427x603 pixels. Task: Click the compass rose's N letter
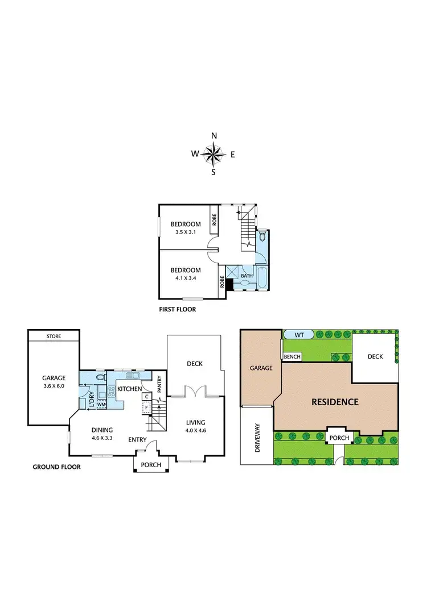click(x=213, y=136)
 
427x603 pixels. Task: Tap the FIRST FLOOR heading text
click(x=178, y=310)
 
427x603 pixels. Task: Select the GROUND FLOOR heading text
click(x=56, y=467)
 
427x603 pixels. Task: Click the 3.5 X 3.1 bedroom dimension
click(x=186, y=232)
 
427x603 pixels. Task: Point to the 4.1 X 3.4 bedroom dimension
click(x=186, y=278)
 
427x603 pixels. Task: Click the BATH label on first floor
click(x=246, y=276)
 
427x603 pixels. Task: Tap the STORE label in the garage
click(x=54, y=336)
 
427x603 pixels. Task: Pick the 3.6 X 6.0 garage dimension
click(x=54, y=386)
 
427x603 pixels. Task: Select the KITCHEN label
click(x=129, y=389)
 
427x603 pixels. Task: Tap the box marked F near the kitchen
click(x=146, y=407)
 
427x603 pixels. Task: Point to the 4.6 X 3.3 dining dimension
click(x=100, y=438)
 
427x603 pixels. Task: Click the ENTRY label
click(x=138, y=439)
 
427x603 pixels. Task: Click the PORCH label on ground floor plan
click(x=151, y=465)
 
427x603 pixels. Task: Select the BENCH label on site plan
click(x=292, y=356)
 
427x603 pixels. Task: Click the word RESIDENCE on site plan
click(x=335, y=402)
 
